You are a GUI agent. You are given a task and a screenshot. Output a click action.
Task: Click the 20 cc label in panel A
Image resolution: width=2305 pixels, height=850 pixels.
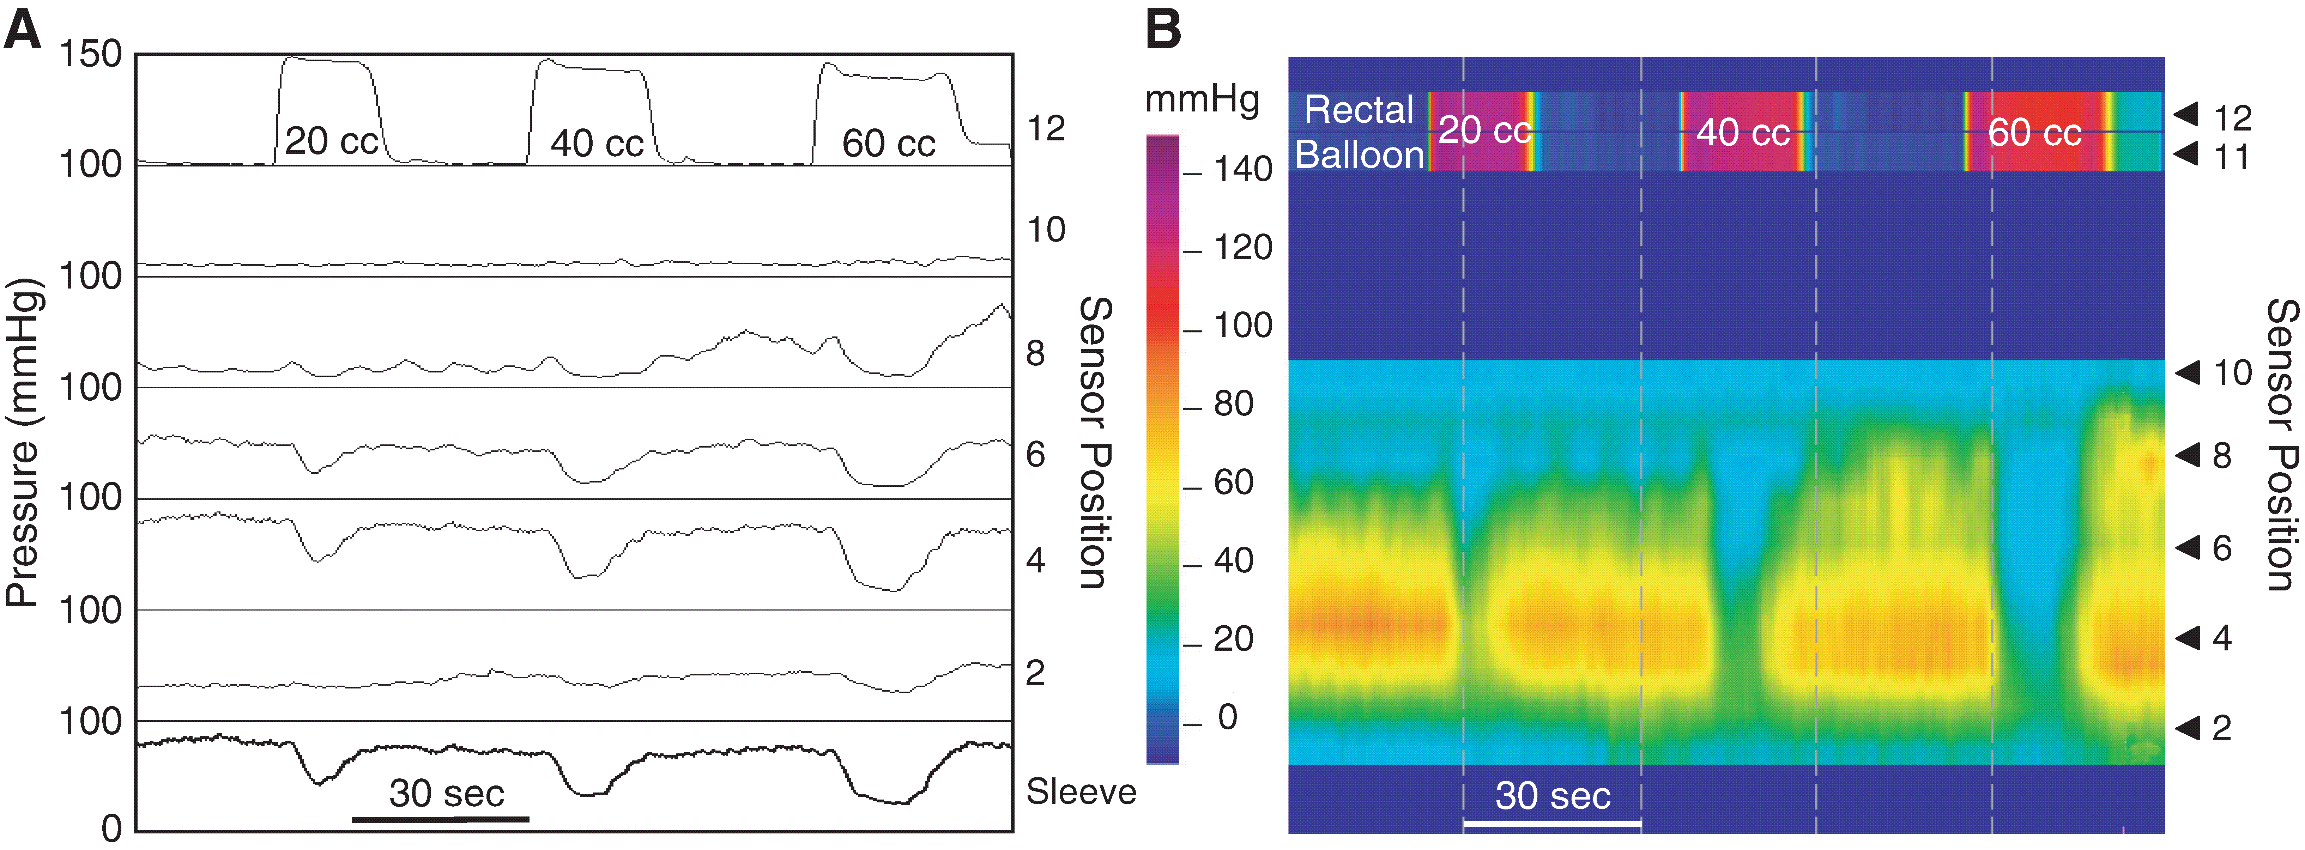[x=331, y=141]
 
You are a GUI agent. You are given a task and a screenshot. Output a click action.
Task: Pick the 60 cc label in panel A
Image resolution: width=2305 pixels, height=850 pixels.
[x=889, y=143]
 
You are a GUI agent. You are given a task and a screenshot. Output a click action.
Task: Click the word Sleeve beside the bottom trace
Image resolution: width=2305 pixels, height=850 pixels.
[x=1080, y=792]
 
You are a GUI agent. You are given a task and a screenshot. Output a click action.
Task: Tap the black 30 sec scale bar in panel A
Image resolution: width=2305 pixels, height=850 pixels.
[x=440, y=818]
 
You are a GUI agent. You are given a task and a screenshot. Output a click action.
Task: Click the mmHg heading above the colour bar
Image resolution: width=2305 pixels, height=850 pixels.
[x=1202, y=99]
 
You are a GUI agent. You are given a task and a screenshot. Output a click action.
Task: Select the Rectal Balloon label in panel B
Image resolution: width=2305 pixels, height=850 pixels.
[x=1358, y=132]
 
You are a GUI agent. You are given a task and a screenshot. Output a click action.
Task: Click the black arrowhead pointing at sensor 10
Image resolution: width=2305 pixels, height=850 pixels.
[x=2188, y=372]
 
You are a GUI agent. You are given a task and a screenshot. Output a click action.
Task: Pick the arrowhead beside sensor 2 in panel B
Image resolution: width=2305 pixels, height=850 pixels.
[x=2188, y=727]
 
